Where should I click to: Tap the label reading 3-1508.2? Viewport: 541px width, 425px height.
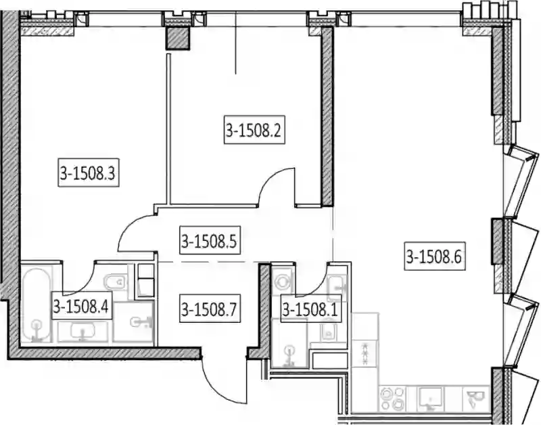click(254, 129)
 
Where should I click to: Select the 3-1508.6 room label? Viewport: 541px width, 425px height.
click(435, 256)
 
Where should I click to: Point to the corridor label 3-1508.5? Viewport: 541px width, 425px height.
click(210, 240)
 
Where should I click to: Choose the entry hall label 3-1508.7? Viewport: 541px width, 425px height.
click(210, 309)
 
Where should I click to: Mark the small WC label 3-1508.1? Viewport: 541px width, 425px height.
click(311, 309)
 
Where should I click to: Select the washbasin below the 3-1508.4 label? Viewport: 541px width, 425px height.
click(83, 332)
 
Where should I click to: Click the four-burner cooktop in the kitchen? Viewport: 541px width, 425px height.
click(392, 399)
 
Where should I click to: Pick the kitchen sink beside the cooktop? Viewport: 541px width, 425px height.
click(430, 399)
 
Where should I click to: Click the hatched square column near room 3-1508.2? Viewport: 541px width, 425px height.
click(179, 38)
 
